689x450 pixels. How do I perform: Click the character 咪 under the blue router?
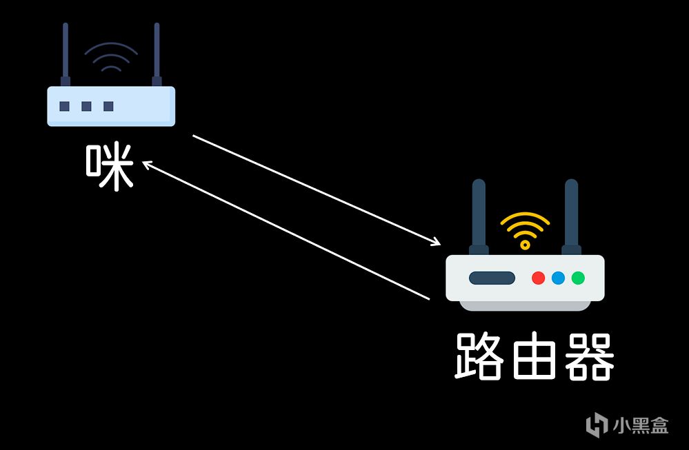click(x=109, y=167)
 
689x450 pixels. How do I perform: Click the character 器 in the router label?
click(x=588, y=356)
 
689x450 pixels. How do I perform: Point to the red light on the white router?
click(x=538, y=278)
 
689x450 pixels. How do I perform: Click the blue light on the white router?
click(x=558, y=278)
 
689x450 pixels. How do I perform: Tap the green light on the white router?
click(x=578, y=278)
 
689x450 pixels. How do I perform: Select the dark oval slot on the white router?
click(x=492, y=278)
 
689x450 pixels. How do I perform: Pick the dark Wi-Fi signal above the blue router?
click(x=111, y=58)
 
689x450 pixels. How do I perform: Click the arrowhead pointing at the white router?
click(x=437, y=243)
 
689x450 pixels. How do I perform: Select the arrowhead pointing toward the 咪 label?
click(x=146, y=164)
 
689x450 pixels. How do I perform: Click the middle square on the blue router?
click(x=86, y=106)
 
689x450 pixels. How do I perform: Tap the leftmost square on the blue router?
click(x=64, y=106)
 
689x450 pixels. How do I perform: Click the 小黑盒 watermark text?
click(x=641, y=425)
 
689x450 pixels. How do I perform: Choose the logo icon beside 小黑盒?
click(x=597, y=425)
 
